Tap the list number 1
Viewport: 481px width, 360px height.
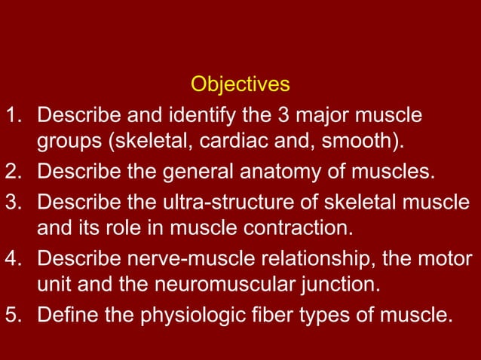[12, 117]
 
